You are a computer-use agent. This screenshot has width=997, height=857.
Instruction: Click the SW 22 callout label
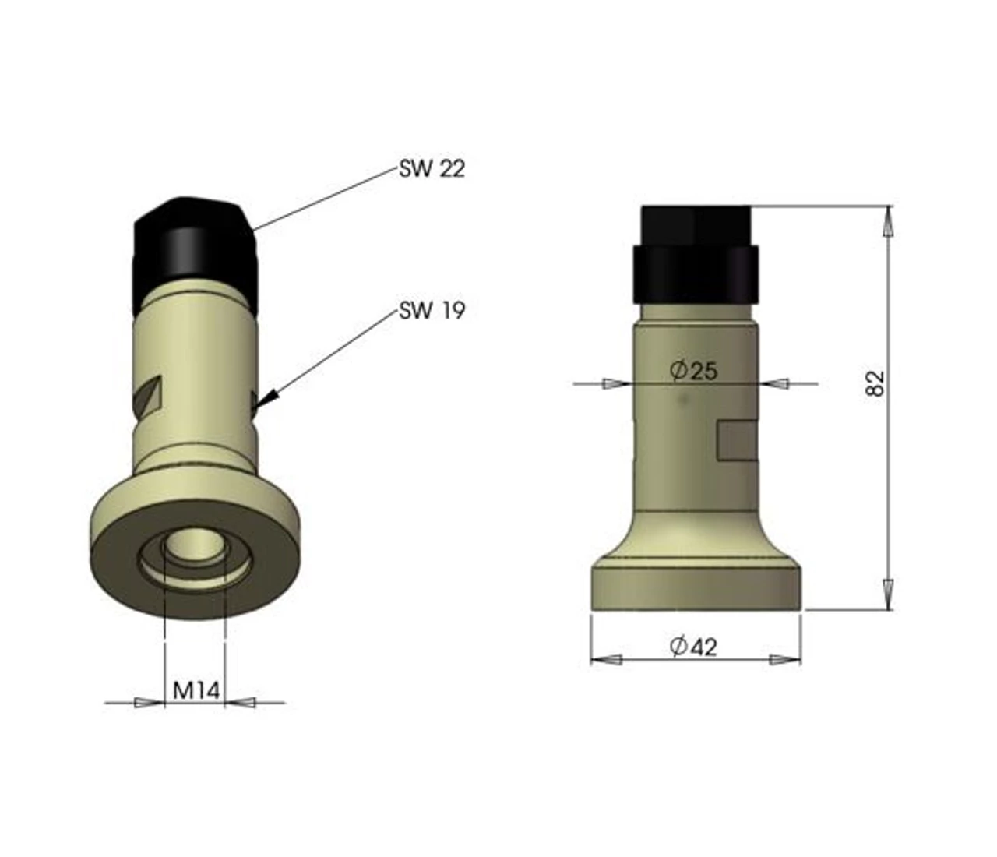click(432, 169)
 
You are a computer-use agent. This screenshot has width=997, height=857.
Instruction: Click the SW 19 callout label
click(432, 310)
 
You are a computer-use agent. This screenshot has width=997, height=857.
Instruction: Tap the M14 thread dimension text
click(196, 690)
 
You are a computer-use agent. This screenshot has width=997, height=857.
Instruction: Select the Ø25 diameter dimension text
click(694, 371)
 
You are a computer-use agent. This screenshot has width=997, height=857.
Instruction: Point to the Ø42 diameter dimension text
click(693, 647)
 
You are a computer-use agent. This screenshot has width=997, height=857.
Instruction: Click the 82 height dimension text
click(875, 383)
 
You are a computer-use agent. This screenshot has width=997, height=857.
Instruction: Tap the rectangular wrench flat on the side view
click(737, 440)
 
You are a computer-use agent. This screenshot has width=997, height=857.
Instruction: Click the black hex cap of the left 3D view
click(195, 253)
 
